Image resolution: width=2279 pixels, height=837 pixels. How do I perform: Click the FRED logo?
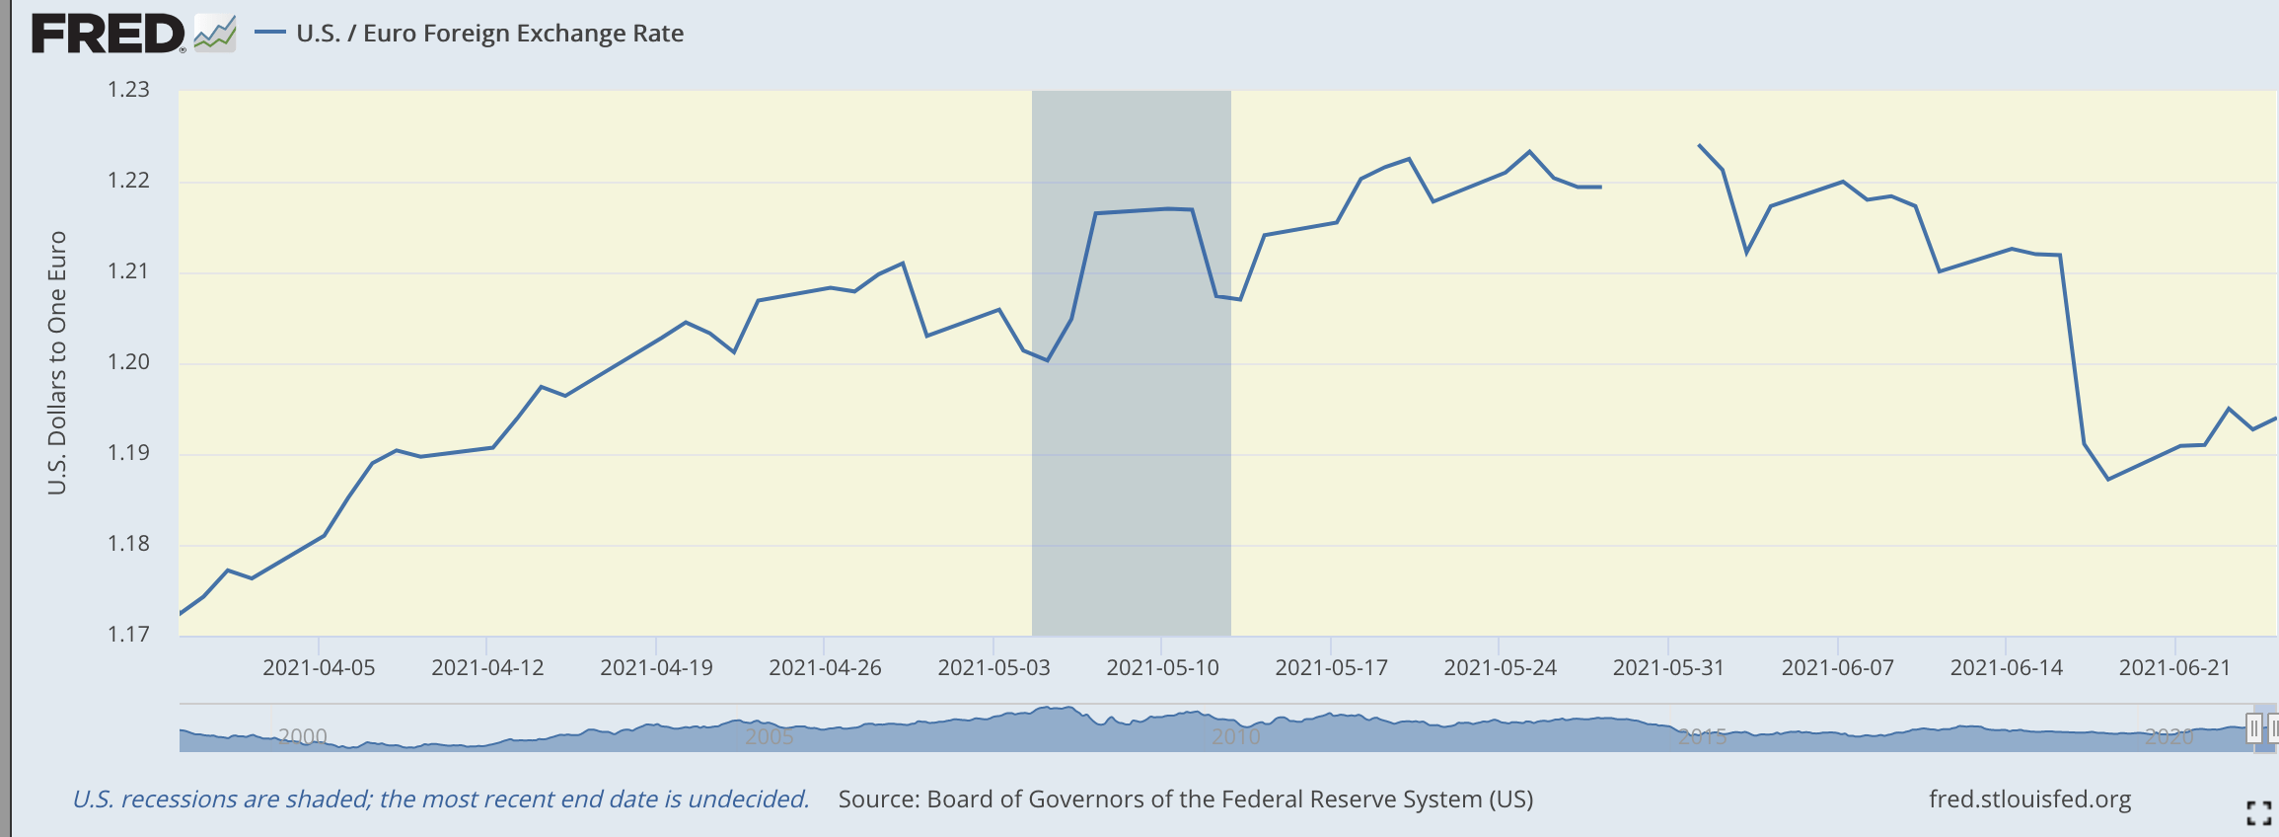tap(109, 34)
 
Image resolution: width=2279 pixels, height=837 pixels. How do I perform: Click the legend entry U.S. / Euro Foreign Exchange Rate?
tap(489, 34)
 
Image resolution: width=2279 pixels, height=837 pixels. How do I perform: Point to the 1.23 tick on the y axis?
tap(128, 90)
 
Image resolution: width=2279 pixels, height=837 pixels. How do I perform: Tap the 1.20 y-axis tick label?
tap(128, 362)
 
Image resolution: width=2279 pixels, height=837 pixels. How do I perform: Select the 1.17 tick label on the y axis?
tap(128, 635)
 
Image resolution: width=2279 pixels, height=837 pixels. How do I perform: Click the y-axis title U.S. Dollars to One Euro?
tap(57, 362)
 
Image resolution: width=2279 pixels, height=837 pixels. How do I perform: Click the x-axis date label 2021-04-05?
tap(319, 668)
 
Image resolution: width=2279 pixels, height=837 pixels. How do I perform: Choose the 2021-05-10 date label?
tap(1162, 668)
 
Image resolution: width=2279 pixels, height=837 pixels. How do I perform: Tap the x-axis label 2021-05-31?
tap(1668, 668)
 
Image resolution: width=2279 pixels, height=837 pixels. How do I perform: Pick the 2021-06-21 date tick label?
tap(2174, 668)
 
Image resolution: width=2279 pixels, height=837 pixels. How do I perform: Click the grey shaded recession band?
tap(1131, 444)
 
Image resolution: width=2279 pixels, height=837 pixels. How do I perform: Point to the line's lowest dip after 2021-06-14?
tap(2108, 479)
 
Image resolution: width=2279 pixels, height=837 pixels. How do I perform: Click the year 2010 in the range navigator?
tap(1236, 736)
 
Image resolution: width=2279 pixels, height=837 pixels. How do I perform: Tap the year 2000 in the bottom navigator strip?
tap(302, 736)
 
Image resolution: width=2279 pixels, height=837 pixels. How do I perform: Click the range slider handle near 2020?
tap(2253, 729)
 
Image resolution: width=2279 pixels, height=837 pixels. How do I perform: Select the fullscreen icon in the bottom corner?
tap(2258, 813)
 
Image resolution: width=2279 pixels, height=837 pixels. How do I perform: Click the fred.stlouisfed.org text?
tap(2029, 799)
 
